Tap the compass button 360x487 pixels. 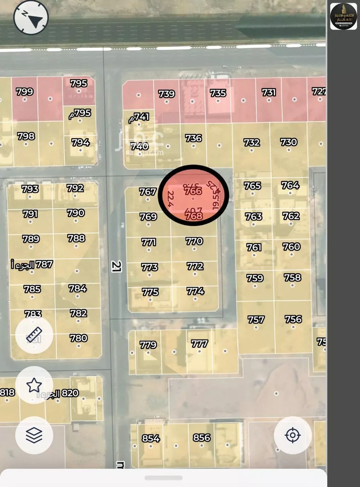31,18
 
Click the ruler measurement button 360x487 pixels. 34,335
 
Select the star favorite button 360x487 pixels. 34,385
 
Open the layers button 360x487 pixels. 34,435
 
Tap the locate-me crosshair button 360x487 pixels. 292,435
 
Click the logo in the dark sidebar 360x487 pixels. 343,16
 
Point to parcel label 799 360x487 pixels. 25,92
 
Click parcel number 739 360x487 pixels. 167,94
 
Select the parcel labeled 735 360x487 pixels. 218,93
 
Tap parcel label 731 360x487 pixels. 269,92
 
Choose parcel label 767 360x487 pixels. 148,191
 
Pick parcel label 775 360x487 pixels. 150,292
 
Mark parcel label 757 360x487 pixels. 256,320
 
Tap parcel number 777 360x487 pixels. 199,343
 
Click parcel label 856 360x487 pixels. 202,438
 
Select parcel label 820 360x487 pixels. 70,393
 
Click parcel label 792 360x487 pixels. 75,188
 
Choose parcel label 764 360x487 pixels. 290,185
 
